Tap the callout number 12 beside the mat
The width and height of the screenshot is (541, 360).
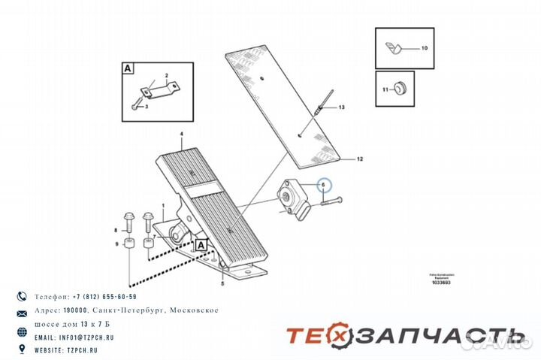click(359, 159)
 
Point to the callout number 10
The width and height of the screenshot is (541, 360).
click(424, 48)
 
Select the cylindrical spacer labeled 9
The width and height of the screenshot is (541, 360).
click(129, 245)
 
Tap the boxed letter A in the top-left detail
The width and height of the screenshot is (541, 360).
click(128, 68)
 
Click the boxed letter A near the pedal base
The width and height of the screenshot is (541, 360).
click(201, 245)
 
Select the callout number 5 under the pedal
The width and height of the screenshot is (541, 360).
click(222, 285)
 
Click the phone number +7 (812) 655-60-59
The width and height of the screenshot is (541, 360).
click(86, 297)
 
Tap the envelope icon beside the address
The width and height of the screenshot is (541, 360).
click(22, 311)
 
